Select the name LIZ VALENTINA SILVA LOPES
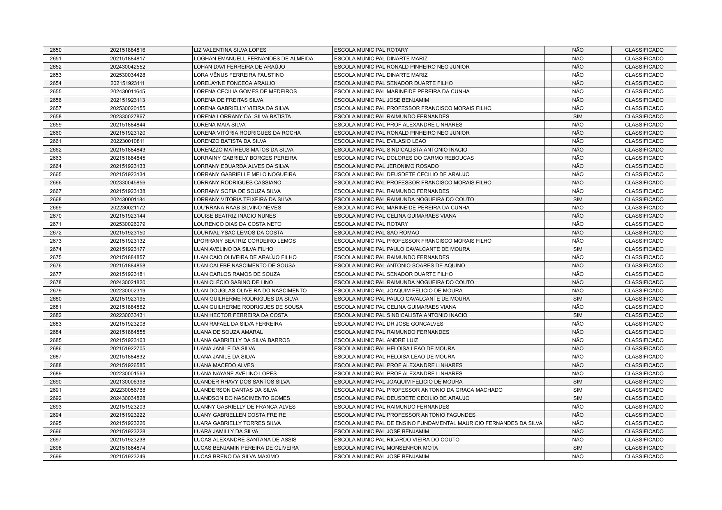click(230, 50)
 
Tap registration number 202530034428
click(127, 75)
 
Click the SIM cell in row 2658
click(577, 117)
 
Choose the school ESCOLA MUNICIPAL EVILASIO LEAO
click(380, 141)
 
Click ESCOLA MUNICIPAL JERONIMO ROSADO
click(386, 166)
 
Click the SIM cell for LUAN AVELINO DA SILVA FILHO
click(577, 249)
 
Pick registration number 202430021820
click(127, 283)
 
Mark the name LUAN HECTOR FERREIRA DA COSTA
click(241, 315)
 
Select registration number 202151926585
click(127, 365)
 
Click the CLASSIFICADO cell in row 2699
click(644, 457)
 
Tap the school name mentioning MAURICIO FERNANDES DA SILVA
click(438, 423)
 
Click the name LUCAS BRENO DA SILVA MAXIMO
click(236, 457)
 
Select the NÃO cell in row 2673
click(577, 241)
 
